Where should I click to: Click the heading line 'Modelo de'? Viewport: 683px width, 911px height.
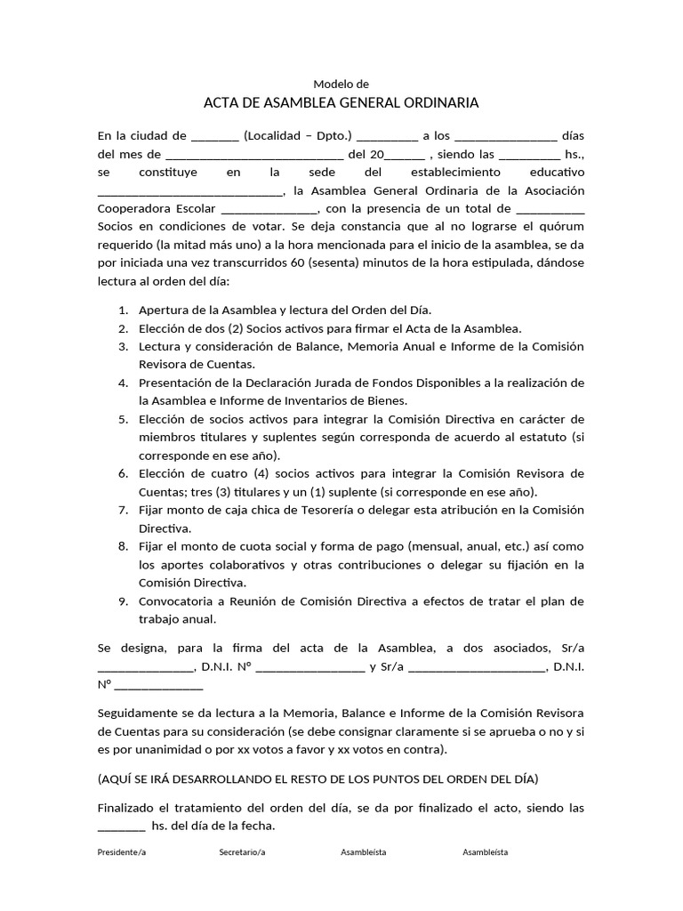341,84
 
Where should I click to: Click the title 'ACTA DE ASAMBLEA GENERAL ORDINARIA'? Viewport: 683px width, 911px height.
341,103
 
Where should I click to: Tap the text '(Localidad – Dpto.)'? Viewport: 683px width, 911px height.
299,136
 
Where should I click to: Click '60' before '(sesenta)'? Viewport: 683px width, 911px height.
297,262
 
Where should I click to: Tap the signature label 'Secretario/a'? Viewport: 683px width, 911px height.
242,852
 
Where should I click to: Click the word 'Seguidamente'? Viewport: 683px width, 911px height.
136,713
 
